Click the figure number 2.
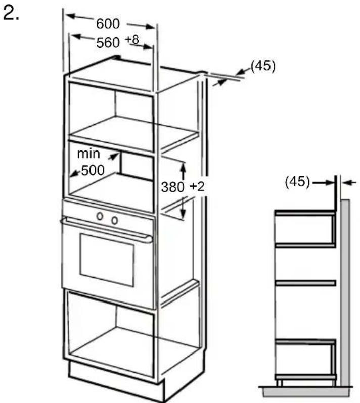coord(11,13)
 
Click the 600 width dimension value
coord(108,24)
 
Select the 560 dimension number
coord(108,42)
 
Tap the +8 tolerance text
coord(132,40)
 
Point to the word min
coord(88,154)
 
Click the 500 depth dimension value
coord(93,170)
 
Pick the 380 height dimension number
coord(172,187)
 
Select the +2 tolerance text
coord(197,186)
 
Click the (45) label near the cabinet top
coord(263,66)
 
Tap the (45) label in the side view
coord(297,182)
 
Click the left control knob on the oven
coord(100,216)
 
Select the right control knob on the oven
coord(114,220)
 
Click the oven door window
coord(107,260)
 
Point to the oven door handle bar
coord(106,229)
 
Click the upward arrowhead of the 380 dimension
coord(183,168)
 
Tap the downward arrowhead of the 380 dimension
coord(183,213)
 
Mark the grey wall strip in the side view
coord(345,293)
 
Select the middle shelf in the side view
coord(305,283)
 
